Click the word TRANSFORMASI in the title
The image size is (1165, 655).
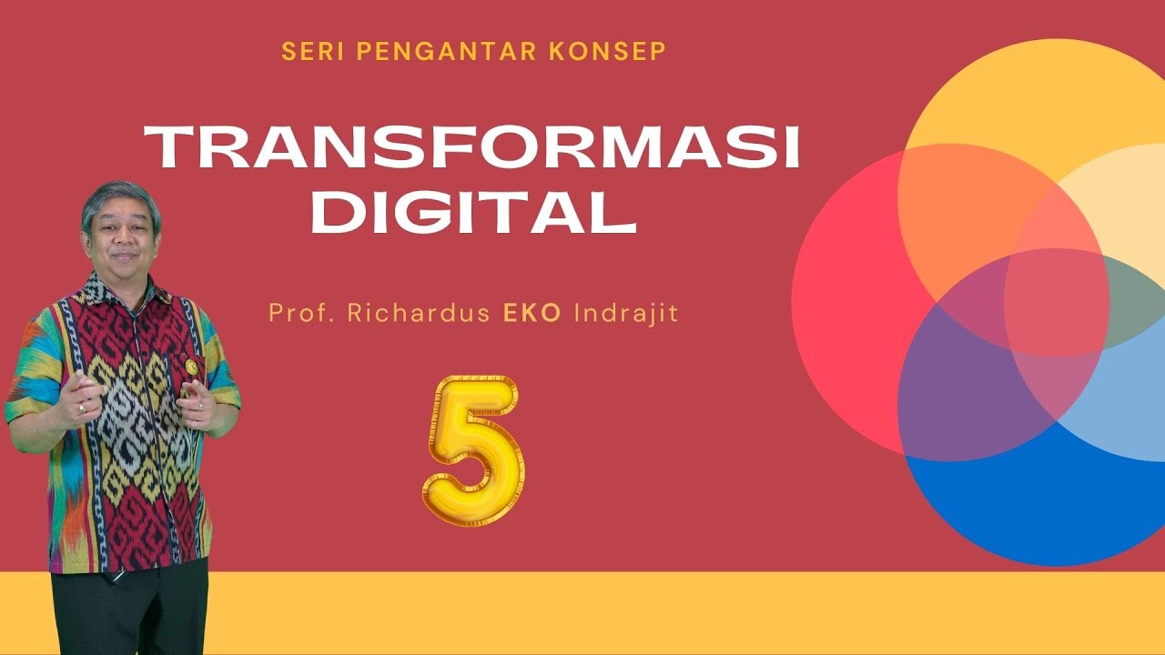(x=472, y=148)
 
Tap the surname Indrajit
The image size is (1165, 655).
(x=626, y=315)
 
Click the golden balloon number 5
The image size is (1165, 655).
(x=473, y=450)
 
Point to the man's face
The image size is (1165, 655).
(x=121, y=238)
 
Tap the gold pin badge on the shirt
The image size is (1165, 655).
(x=191, y=366)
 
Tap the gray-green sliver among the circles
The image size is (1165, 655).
(x=1133, y=300)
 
